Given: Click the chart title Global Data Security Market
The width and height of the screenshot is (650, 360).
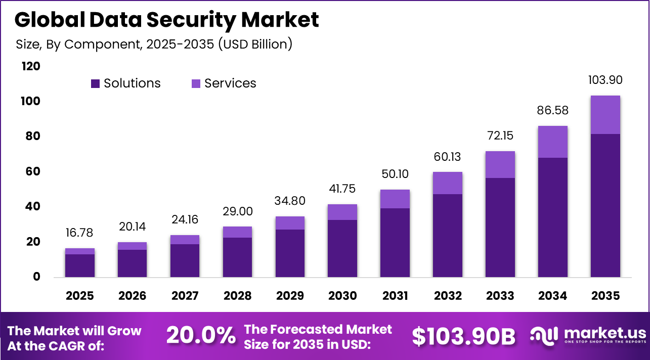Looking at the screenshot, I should pos(166,20).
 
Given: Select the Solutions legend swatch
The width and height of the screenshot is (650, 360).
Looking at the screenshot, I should pos(96,84).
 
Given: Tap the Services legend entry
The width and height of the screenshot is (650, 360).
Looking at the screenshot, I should pos(224,83).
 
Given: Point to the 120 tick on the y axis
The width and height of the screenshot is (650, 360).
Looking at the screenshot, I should pos(31,67).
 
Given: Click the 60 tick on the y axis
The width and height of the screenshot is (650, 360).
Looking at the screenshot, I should pos(31,172).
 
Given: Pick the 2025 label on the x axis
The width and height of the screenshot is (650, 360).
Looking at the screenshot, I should pos(80,296).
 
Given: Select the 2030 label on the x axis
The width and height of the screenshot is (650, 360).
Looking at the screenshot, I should pos(342,296).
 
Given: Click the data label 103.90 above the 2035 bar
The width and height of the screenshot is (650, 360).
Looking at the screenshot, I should pos(605,80).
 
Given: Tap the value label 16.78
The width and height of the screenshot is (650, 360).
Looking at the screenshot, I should pos(80,233).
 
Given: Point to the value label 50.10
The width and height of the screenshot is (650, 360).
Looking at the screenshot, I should pos(395,174).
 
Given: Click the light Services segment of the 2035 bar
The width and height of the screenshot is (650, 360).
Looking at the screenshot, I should pos(605,115).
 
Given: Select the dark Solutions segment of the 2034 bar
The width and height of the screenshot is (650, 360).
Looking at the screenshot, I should pos(552,217).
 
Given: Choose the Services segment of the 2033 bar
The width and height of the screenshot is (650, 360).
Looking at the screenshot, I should pos(500,164).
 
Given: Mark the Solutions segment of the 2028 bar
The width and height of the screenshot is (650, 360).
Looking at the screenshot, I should pos(237,257).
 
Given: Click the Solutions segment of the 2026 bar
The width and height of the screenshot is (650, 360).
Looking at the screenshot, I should pos(133,263).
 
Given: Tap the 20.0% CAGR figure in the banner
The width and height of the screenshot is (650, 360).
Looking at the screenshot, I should pos(201,336).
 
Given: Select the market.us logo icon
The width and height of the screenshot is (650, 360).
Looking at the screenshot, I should pos(544,336).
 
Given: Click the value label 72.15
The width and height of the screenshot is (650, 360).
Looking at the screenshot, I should pos(500,136).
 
